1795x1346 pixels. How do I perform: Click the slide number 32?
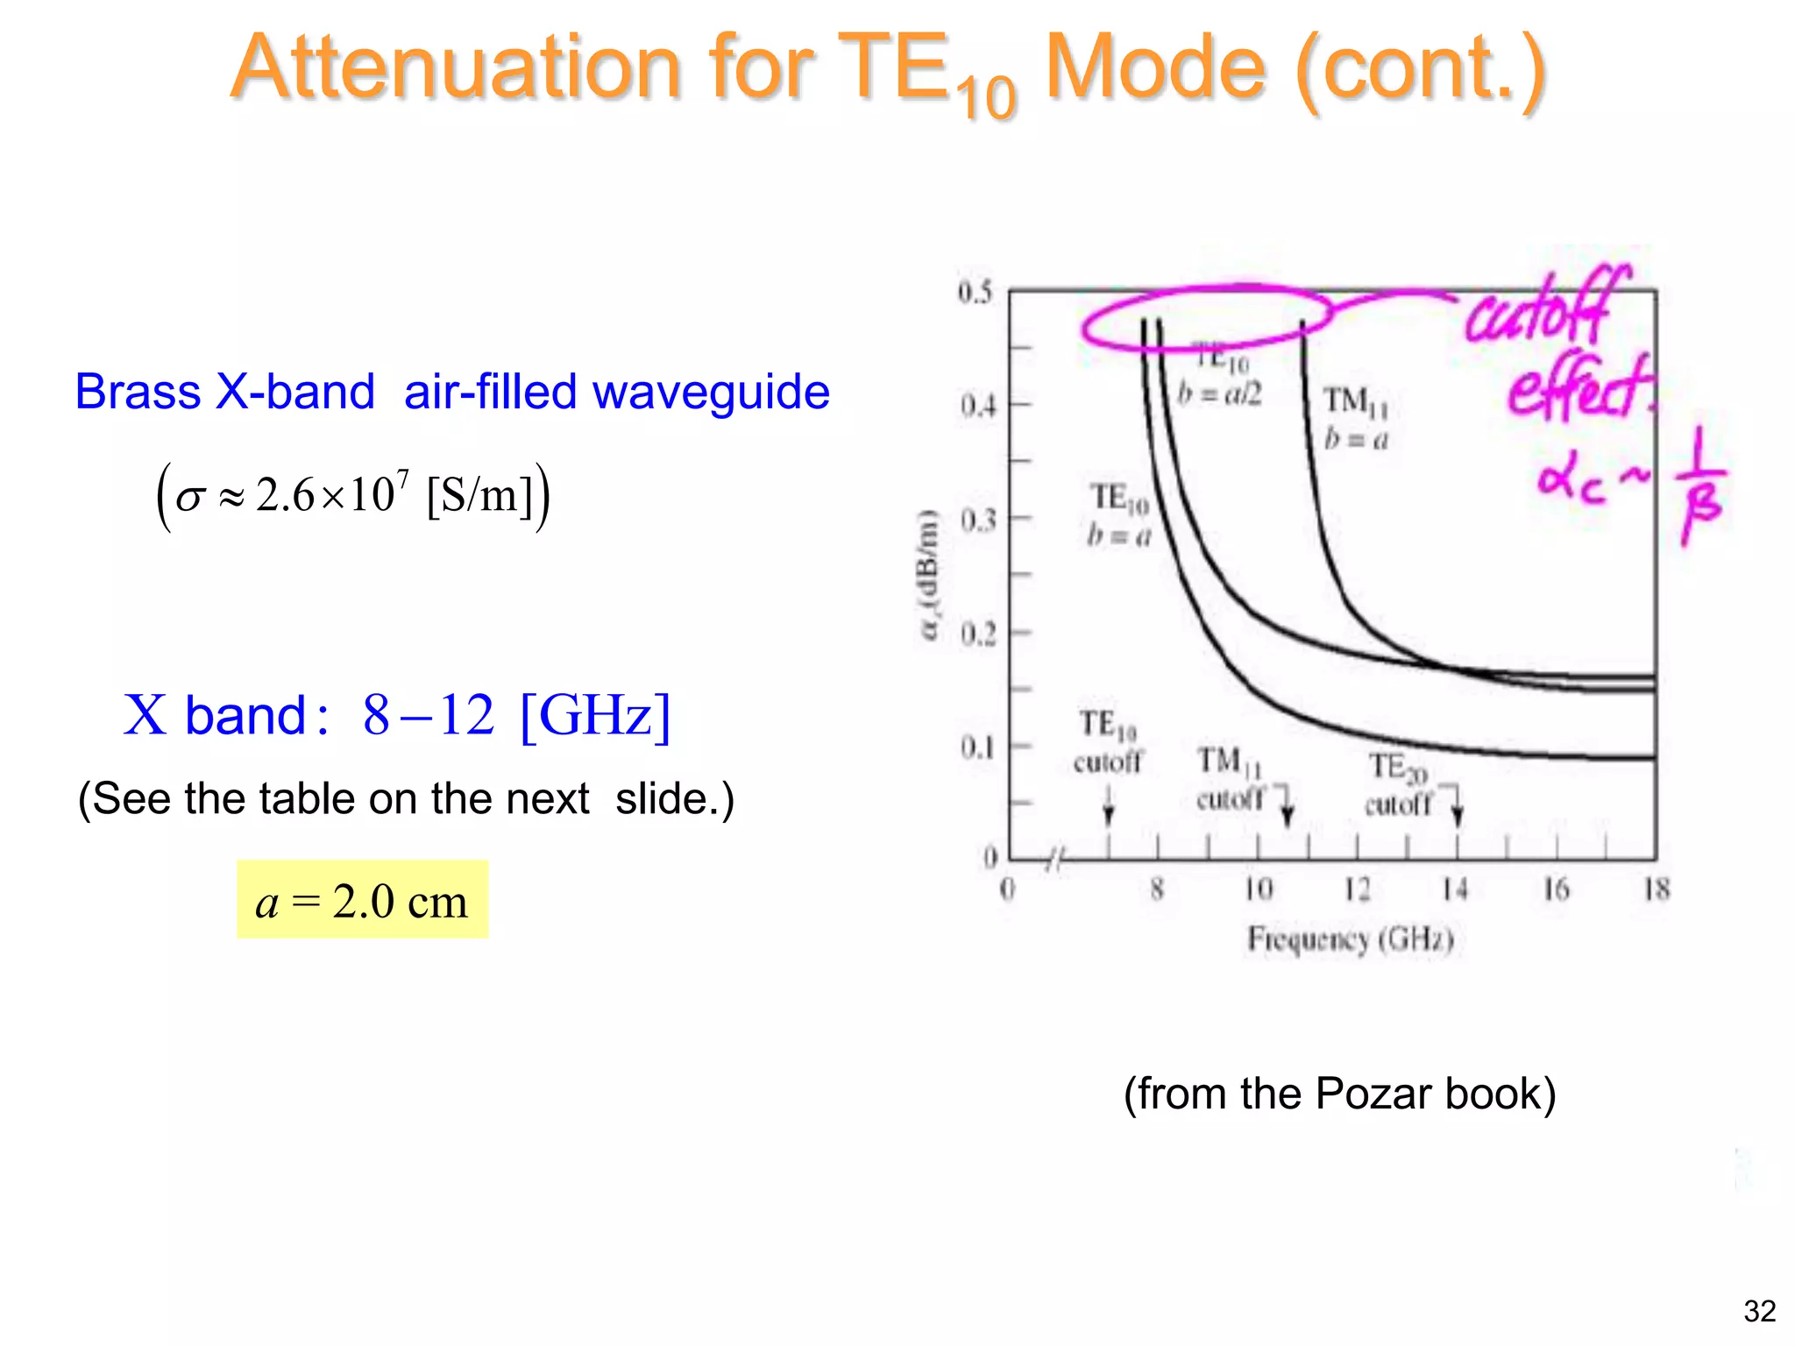coord(1759,1312)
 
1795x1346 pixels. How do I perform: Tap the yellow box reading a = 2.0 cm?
coord(362,900)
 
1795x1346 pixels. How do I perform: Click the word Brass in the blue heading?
coord(138,392)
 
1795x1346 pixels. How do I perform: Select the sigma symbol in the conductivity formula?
coord(189,498)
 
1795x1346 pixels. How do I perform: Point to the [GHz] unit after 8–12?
coord(595,715)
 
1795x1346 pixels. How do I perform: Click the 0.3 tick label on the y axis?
coord(977,521)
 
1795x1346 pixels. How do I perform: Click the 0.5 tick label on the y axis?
coord(975,292)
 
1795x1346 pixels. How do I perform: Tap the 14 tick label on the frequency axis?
coord(1455,889)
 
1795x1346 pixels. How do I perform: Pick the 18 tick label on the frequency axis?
coord(1656,889)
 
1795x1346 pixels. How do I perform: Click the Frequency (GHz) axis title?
coord(1350,939)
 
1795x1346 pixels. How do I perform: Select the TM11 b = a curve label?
coord(1356,418)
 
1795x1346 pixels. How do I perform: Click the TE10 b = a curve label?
coord(1119,515)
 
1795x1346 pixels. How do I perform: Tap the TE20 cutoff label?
coord(1398,784)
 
